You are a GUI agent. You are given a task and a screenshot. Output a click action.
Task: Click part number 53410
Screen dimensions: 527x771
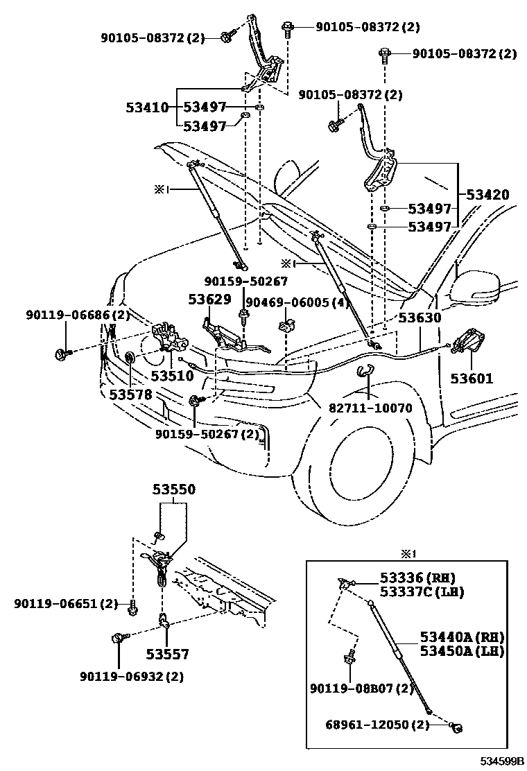pyautogui.click(x=148, y=107)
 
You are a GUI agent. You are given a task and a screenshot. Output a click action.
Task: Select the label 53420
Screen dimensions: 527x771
pyautogui.click(x=487, y=194)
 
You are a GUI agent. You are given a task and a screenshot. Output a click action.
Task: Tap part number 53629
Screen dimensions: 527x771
pyautogui.click(x=209, y=299)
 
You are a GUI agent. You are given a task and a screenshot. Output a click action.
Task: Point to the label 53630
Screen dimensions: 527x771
pyautogui.click(x=420, y=318)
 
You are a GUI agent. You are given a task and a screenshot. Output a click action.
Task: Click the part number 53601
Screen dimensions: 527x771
pyautogui.click(x=472, y=379)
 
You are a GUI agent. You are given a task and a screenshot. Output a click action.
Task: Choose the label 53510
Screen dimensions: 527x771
pyautogui.click(x=172, y=376)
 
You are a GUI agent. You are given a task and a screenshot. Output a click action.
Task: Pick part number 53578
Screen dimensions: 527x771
pyautogui.click(x=131, y=395)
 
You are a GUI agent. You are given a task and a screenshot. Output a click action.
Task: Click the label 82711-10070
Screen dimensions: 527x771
pyautogui.click(x=371, y=408)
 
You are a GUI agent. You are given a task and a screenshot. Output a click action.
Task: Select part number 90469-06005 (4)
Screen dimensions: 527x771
pyautogui.click(x=297, y=302)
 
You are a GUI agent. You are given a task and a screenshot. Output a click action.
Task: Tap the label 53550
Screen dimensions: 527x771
pyautogui.click(x=173, y=490)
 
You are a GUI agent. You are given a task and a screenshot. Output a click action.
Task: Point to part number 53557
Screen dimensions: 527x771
pyautogui.click(x=167, y=655)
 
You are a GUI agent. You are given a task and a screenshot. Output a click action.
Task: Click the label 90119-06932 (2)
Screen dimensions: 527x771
pyautogui.click(x=132, y=677)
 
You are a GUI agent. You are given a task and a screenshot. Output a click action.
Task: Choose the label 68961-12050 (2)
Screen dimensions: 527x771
pyautogui.click(x=377, y=725)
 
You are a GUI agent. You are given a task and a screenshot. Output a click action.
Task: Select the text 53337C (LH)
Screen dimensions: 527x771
pyautogui.click(x=422, y=592)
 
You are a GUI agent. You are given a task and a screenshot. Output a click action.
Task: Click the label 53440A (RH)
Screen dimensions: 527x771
pyautogui.click(x=462, y=638)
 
